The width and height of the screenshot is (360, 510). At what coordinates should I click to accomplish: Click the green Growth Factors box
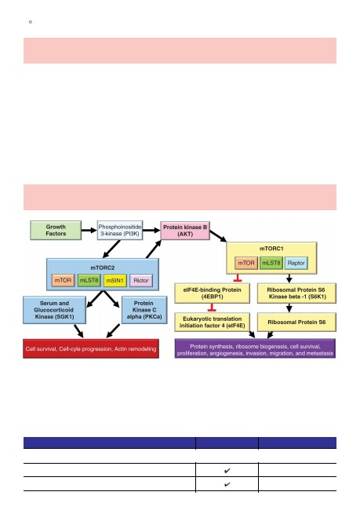click(x=56, y=230)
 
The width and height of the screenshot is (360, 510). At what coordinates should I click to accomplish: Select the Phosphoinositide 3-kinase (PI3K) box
click(x=120, y=230)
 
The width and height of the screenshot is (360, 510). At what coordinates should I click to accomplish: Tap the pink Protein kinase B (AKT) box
click(x=185, y=231)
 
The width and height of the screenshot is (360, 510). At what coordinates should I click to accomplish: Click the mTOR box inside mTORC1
click(x=246, y=263)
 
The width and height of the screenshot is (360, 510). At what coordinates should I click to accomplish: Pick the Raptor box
click(x=296, y=263)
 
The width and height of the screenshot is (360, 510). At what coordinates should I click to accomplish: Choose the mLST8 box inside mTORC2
click(x=89, y=280)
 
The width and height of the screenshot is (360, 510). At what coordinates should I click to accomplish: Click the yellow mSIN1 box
click(x=115, y=280)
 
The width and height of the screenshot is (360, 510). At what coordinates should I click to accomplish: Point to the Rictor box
click(x=141, y=280)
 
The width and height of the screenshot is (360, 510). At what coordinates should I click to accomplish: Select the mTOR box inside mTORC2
click(x=63, y=280)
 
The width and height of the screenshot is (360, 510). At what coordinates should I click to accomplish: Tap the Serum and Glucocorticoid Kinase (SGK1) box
click(x=54, y=310)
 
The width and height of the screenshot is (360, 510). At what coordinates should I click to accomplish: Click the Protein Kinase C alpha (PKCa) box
click(x=144, y=310)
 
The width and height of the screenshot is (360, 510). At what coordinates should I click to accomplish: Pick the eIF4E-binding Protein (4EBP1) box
click(x=212, y=293)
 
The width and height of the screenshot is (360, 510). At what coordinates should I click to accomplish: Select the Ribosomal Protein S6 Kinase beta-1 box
click(x=296, y=293)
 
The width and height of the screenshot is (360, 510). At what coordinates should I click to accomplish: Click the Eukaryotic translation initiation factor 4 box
click(x=212, y=322)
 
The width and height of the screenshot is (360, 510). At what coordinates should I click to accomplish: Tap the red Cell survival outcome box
click(x=91, y=348)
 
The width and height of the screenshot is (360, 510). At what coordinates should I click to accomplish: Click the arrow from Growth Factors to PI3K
click(x=89, y=230)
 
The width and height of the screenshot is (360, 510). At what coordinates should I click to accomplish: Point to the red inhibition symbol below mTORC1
click(x=238, y=278)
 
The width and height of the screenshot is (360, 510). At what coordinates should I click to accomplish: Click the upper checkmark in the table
click(x=227, y=470)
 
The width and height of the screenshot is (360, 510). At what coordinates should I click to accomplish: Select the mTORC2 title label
click(x=103, y=268)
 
